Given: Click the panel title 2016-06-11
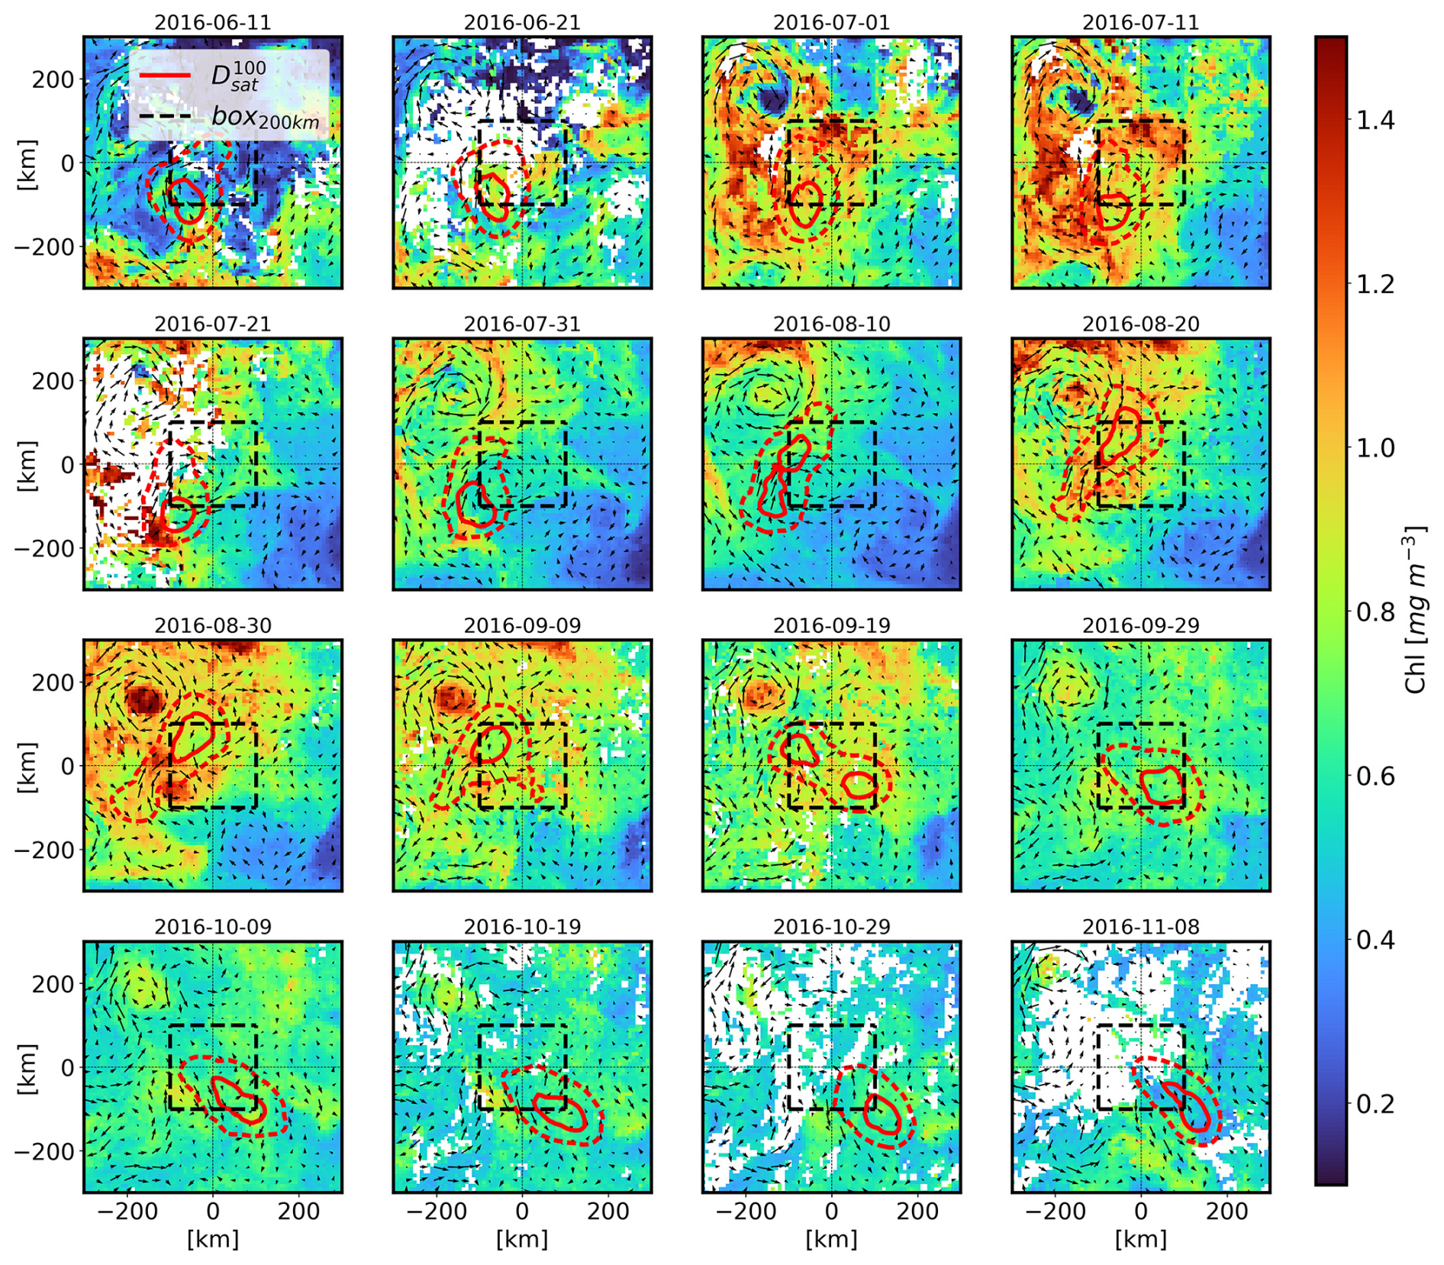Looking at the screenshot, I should (x=212, y=23).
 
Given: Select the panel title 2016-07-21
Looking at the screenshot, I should (x=212, y=324).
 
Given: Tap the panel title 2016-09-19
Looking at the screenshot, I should (x=831, y=626).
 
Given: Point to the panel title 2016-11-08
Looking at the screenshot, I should (x=1140, y=927).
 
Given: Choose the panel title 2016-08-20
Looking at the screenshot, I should (x=1140, y=324).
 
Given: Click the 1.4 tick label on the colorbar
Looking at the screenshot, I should (x=1375, y=121).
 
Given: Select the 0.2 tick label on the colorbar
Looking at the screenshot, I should (x=1375, y=1104).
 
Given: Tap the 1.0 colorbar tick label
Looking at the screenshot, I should (x=1375, y=448).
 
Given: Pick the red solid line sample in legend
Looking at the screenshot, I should (x=165, y=76).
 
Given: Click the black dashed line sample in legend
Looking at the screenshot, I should (x=165, y=118).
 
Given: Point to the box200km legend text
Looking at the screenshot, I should (x=264, y=118).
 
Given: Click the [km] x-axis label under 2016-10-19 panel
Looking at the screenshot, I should (x=521, y=1239).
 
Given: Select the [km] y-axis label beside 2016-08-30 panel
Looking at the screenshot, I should (x=27, y=766).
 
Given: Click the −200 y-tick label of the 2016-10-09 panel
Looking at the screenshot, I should (x=46, y=1151).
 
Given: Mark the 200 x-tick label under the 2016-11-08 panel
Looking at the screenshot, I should (x=1226, y=1212).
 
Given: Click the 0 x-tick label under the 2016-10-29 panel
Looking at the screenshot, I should (x=831, y=1212).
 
